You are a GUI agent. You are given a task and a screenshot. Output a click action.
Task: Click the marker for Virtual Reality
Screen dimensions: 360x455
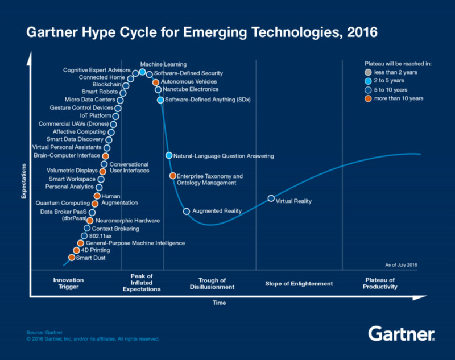pos(271,198)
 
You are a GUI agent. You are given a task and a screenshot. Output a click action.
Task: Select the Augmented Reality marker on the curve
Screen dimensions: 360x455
pos(186,211)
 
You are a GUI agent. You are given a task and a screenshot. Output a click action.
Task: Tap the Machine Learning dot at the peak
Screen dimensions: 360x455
pos(142,72)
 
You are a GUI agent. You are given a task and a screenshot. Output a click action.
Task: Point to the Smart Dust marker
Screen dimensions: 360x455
pos(71,258)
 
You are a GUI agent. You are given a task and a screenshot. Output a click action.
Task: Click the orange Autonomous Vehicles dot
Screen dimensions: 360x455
pos(156,82)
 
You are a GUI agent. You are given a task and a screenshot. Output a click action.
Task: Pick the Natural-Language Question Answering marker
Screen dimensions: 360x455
pos(168,155)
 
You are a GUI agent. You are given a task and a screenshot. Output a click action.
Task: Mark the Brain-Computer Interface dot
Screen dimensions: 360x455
pos(105,155)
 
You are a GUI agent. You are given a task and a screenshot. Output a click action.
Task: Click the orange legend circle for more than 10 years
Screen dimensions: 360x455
pos(368,99)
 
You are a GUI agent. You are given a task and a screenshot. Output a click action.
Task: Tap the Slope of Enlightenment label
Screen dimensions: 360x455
pos(299,283)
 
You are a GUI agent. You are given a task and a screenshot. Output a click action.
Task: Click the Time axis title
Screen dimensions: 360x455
pos(219,303)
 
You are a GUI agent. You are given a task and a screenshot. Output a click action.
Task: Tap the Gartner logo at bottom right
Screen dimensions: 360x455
pos(402,334)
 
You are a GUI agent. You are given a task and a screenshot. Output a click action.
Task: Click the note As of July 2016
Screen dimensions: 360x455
pos(402,264)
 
